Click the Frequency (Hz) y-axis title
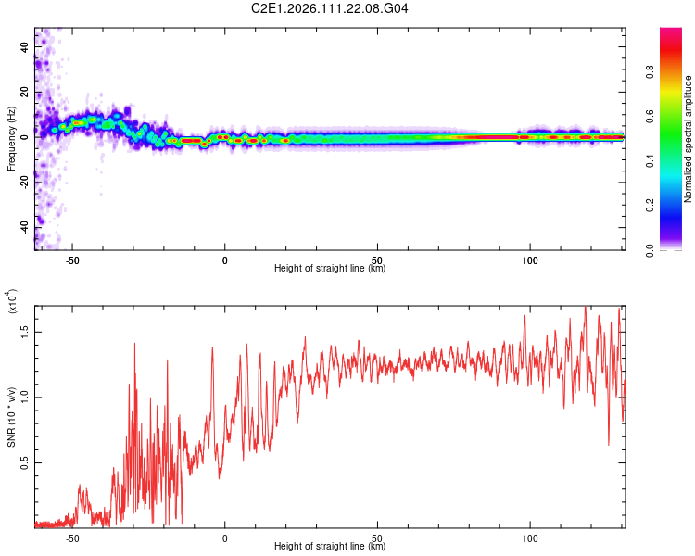coord(11,140)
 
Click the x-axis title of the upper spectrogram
coord(330,268)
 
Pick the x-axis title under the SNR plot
coord(330,546)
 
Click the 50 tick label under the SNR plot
coord(377,537)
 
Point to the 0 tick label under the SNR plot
coord(224,537)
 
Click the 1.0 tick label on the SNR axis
coord(25,397)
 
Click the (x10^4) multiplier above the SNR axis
coord(11,300)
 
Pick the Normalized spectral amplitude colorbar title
coord(689,140)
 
